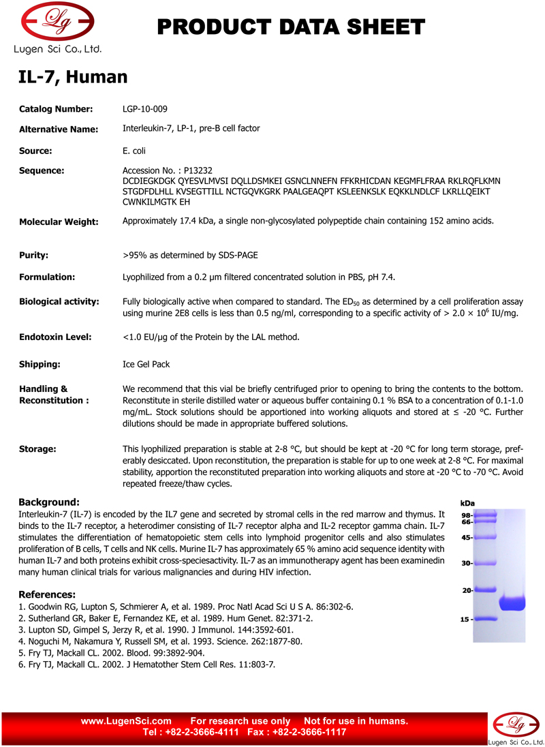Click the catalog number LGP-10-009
click(145, 109)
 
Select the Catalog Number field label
click(56, 109)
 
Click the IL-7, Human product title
click(73, 77)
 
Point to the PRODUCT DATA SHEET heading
click(291, 27)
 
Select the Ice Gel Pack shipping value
click(146, 365)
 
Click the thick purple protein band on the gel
click(512, 603)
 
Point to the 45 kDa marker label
click(467, 538)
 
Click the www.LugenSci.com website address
click(126, 721)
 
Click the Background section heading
click(49, 502)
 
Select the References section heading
click(47, 594)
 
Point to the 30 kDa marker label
click(467, 564)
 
